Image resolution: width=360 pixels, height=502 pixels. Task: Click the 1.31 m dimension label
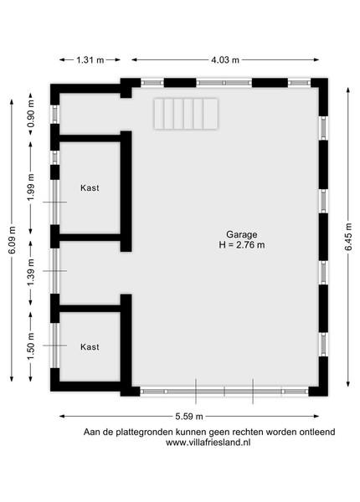(90, 60)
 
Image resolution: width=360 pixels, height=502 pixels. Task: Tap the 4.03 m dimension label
(225, 60)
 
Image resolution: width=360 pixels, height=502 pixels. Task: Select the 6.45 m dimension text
(348, 237)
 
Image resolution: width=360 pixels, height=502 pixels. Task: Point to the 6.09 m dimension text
(13, 240)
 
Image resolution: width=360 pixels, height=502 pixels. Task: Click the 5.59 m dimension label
(189, 416)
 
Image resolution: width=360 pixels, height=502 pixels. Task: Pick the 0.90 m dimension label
(31, 114)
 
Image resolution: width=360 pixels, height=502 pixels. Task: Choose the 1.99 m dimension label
(31, 187)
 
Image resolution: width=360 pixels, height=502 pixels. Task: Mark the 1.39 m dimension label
(31, 273)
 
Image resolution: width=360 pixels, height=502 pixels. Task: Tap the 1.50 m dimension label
(31, 346)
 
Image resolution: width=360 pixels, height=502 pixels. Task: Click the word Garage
(241, 234)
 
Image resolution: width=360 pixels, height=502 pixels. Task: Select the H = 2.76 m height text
(242, 245)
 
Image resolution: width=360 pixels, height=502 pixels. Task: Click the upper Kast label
(90, 188)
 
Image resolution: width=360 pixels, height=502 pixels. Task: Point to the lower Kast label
(90, 346)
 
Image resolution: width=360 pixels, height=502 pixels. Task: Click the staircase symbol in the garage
(186, 114)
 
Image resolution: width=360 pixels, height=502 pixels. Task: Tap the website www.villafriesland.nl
(208, 443)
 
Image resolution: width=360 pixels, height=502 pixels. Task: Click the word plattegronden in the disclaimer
(145, 433)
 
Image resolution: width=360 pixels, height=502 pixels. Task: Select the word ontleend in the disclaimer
(317, 432)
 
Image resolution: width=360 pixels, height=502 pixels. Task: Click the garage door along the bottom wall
(224, 392)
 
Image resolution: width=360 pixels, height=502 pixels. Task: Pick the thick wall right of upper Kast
(126, 191)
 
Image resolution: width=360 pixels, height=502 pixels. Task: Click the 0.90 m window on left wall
(55, 115)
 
